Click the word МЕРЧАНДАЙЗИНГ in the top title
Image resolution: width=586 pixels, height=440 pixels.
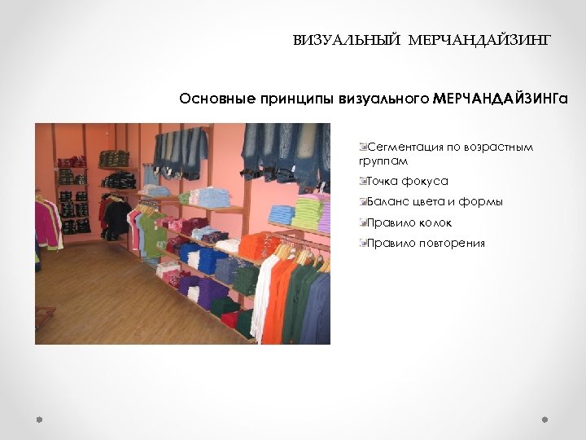pyautogui.click(x=480, y=39)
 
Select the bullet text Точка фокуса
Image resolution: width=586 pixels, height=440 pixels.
pyautogui.click(x=408, y=181)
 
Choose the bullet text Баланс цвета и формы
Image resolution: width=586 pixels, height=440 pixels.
pyautogui.click(x=435, y=201)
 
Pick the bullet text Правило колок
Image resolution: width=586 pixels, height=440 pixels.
pyautogui.click(x=409, y=222)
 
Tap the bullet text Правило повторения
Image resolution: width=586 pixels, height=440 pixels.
pyautogui.click(x=426, y=243)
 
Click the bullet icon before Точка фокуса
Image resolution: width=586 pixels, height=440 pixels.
pyautogui.click(x=363, y=181)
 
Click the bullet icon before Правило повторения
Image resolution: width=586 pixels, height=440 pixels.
pyautogui.click(x=363, y=243)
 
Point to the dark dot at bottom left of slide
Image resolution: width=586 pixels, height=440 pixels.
pyautogui.click(x=38, y=419)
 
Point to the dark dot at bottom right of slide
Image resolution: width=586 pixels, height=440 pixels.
pyautogui.click(x=545, y=419)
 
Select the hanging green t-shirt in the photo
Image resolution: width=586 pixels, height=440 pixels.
pyautogui.click(x=154, y=232)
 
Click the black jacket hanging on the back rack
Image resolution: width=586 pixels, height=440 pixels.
pyautogui.click(x=118, y=216)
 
